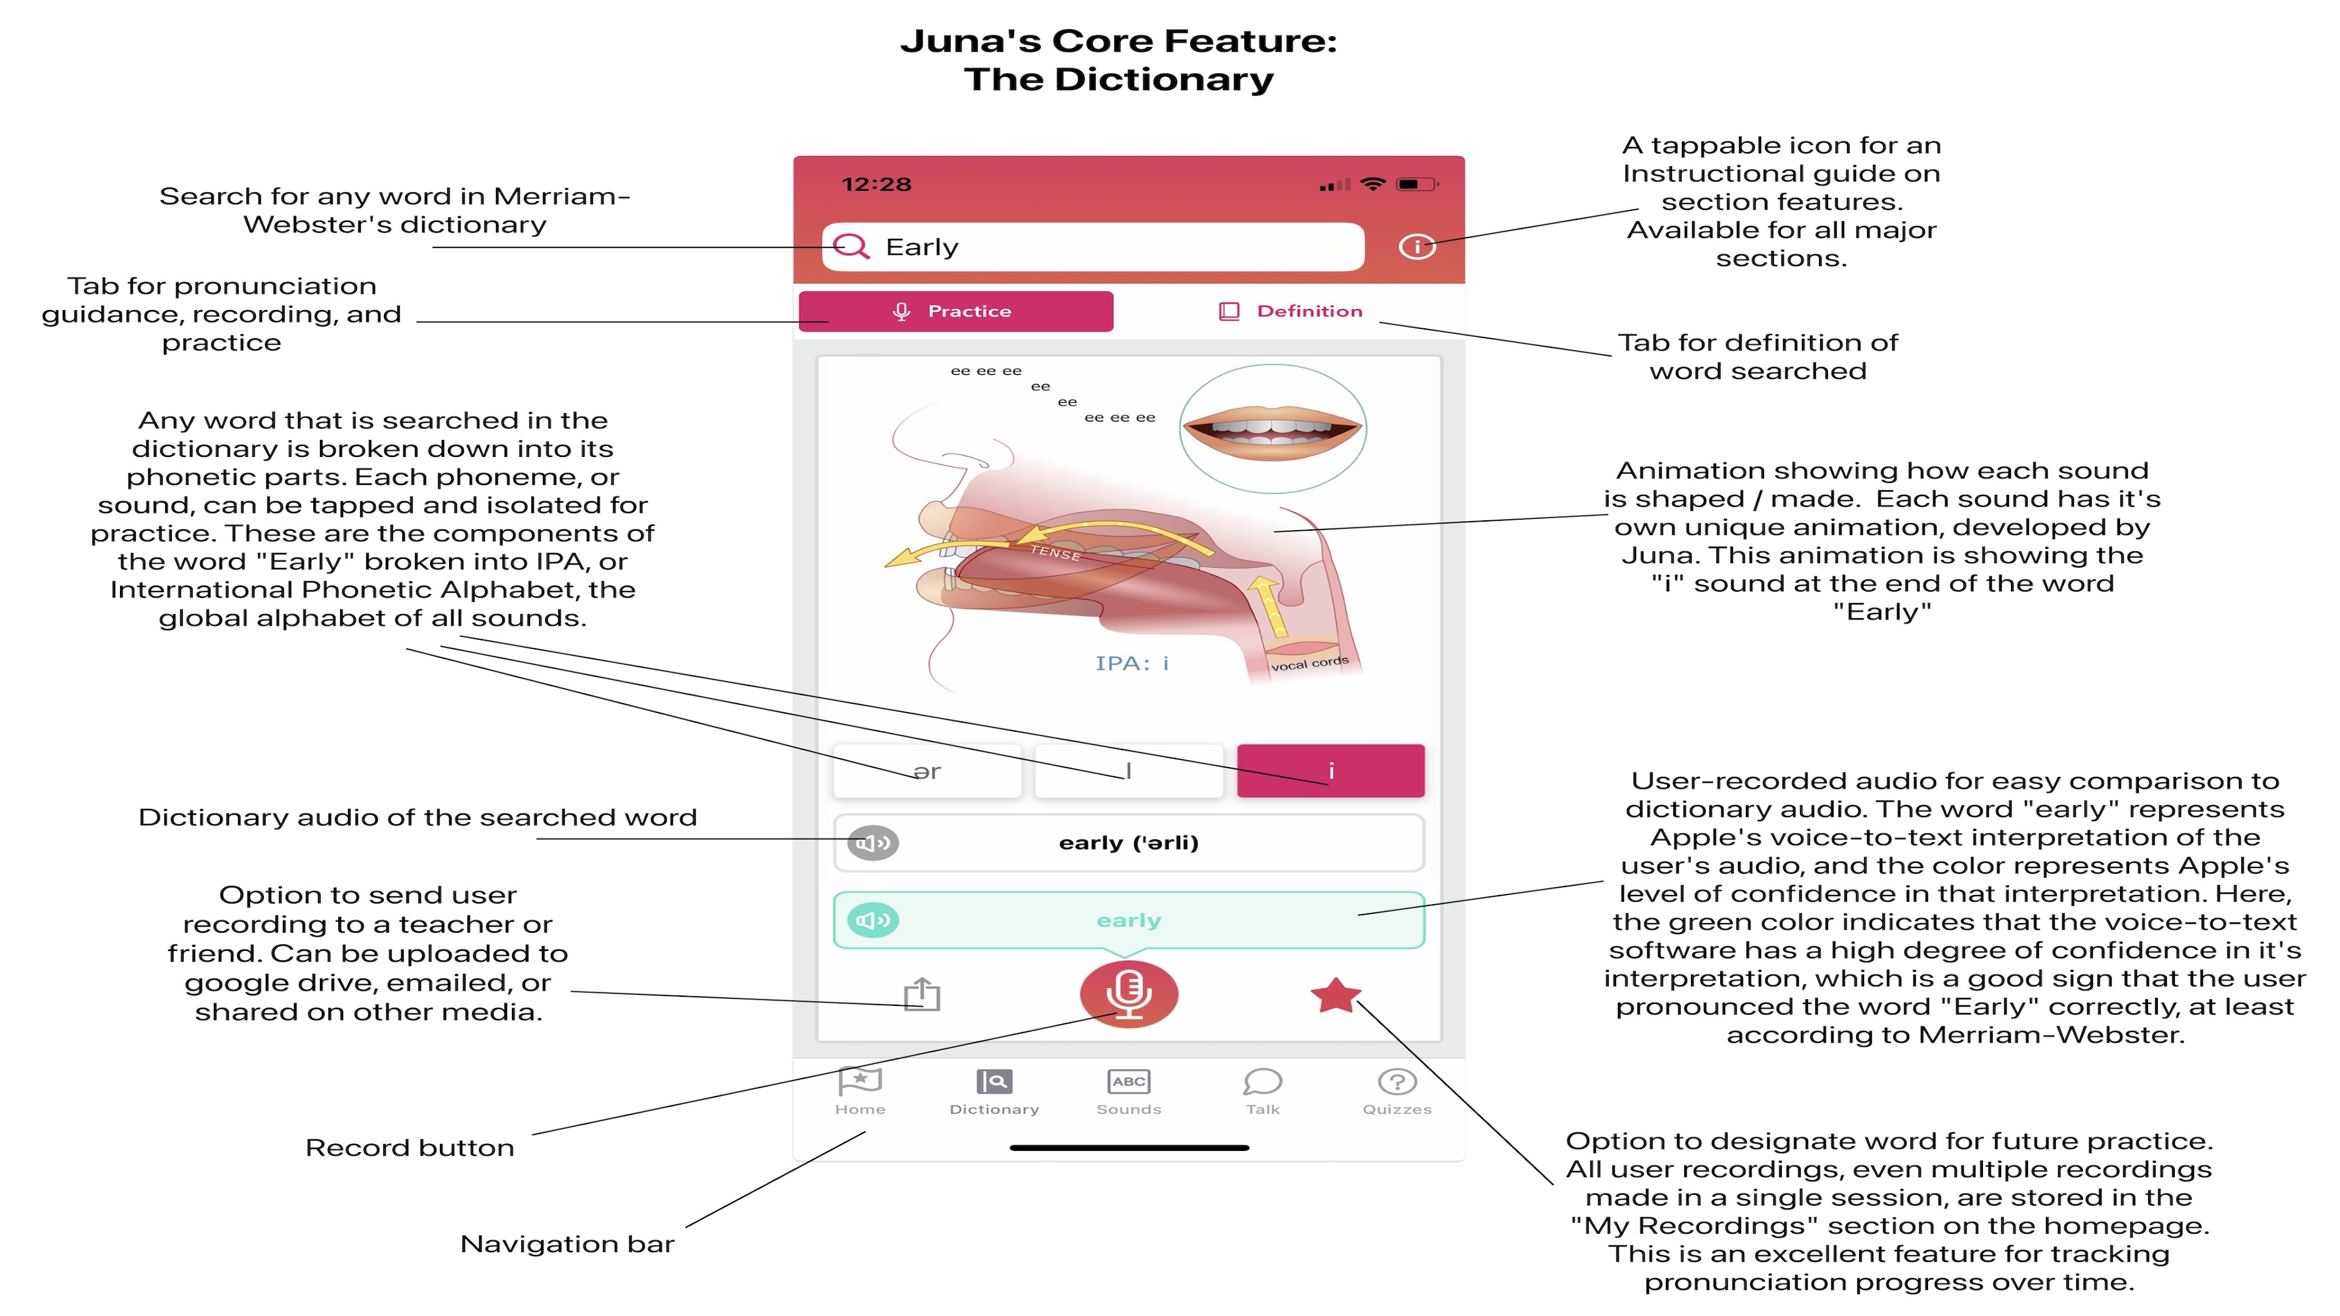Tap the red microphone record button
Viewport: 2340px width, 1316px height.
click(x=1128, y=994)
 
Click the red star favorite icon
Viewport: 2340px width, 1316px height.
click(x=1335, y=996)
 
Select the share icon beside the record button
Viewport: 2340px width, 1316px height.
click(x=922, y=994)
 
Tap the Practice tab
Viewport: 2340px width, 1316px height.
click(x=955, y=311)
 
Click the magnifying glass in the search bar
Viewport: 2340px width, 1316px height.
click(x=851, y=246)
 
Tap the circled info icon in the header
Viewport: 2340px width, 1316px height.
click(x=1416, y=246)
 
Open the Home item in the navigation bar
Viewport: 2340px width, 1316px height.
click(x=859, y=1091)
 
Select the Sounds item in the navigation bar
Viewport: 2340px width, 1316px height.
click(x=1128, y=1091)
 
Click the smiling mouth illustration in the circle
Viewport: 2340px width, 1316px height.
click(x=1272, y=429)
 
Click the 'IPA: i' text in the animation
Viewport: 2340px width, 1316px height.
click(x=1132, y=663)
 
